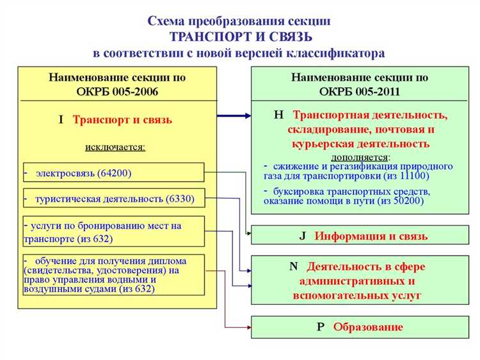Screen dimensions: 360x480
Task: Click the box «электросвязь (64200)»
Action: click(113, 173)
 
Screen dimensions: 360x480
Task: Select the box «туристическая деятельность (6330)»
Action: click(113, 199)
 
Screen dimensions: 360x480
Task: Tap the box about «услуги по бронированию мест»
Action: click(113, 231)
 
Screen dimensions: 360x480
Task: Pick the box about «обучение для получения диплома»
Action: click(113, 275)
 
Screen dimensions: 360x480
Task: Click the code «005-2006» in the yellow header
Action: click(136, 91)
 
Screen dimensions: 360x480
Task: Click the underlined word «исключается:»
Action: click(115, 147)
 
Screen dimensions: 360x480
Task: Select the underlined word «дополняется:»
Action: click(361, 156)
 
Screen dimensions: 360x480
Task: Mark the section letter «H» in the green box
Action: click(278, 115)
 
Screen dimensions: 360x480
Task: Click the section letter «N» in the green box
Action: click(294, 266)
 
